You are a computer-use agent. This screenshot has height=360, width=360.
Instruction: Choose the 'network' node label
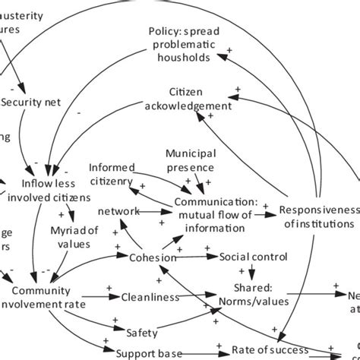119,211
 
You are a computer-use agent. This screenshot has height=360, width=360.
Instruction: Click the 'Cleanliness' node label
150,298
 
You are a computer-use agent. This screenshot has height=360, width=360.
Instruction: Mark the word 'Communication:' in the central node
216,202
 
